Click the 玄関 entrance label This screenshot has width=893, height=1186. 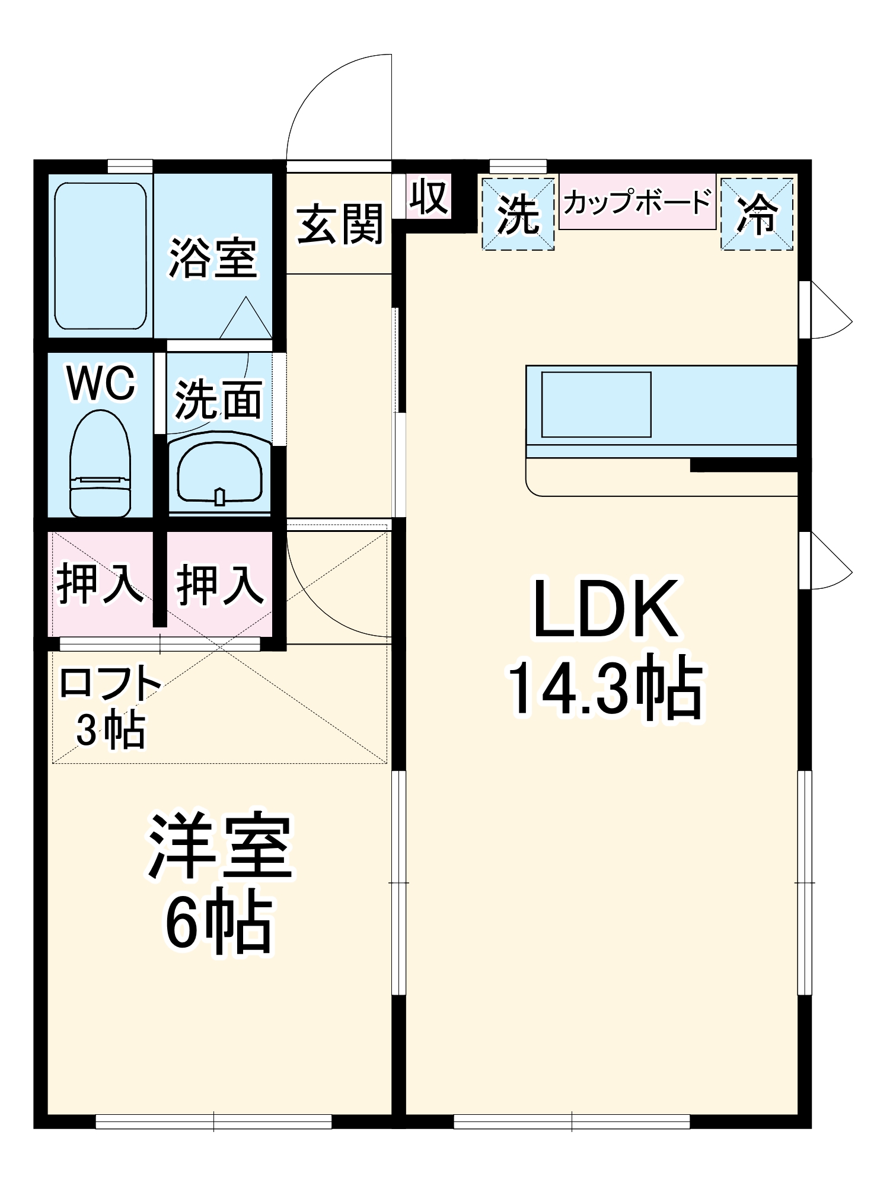(340, 225)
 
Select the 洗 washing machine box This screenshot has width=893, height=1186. (518, 214)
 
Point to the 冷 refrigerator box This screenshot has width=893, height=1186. (757, 214)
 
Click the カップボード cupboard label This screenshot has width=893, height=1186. (637, 202)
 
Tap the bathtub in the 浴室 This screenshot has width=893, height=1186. (100, 256)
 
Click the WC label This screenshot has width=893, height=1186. (101, 384)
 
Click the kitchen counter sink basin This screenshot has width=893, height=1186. (596, 404)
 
